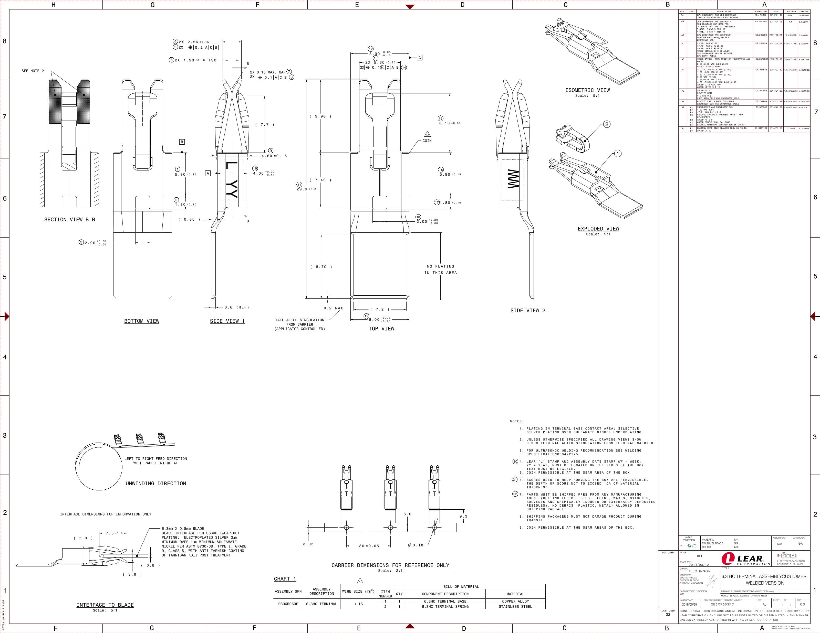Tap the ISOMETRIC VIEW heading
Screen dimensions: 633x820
pyautogui.click(x=588, y=90)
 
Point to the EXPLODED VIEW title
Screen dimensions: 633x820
pyautogui.click(x=598, y=229)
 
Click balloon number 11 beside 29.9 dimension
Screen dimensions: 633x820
pyautogui.click(x=299, y=185)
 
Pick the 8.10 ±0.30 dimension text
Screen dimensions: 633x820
pyautogui.click(x=450, y=123)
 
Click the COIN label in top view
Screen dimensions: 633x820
pyautogui.click(x=427, y=141)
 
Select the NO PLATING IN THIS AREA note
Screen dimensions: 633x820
pyautogui.click(x=440, y=270)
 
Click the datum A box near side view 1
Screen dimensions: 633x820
pyautogui.click(x=208, y=173)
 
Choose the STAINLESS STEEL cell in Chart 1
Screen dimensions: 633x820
pyautogui.click(x=515, y=606)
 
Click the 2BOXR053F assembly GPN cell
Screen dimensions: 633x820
pyautogui.click(x=288, y=604)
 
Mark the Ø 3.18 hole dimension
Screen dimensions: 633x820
pyautogui.click(x=415, y=545)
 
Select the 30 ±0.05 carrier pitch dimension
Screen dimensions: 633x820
pyautogui.click(x=369, y=545)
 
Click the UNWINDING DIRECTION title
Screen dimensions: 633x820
pyautogui.click(x=156, y=483)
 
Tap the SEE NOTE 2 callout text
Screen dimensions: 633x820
pyautogui.click(x=33, y=71)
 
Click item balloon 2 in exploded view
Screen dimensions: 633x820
pyautogui.click(x=607, y=124)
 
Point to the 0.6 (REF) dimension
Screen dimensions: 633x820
pyautogui.click(x=236, y=307)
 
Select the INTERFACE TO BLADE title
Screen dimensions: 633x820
pyautogui.click(x=105, y=605)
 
